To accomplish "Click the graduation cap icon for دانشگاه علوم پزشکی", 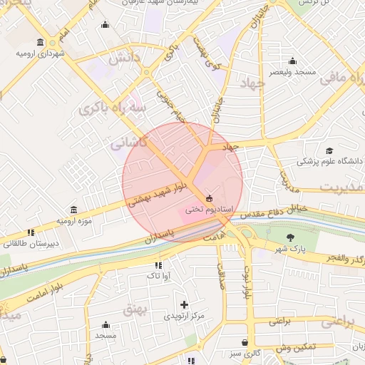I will [x=329, y=150].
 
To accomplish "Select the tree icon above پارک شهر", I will [x=289, y=237].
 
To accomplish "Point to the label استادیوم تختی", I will [x=205, y=210].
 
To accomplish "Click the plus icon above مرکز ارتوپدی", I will [x=184, y=304].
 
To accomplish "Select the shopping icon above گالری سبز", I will [x=245, y=342].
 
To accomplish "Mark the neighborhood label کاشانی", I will [x=128, y=143].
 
